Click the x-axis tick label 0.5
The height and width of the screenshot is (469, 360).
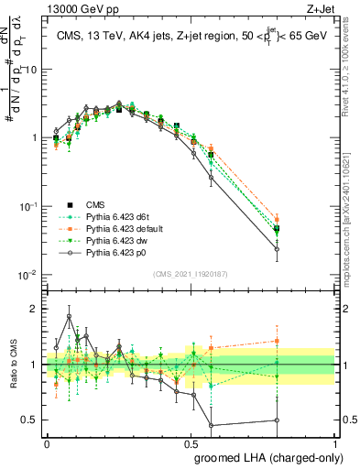point(191,443)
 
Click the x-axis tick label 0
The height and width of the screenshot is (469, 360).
point(47,443)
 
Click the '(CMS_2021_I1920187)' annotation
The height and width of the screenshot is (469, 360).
point(191,273)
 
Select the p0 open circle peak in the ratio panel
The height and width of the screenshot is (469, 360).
point(71,317)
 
